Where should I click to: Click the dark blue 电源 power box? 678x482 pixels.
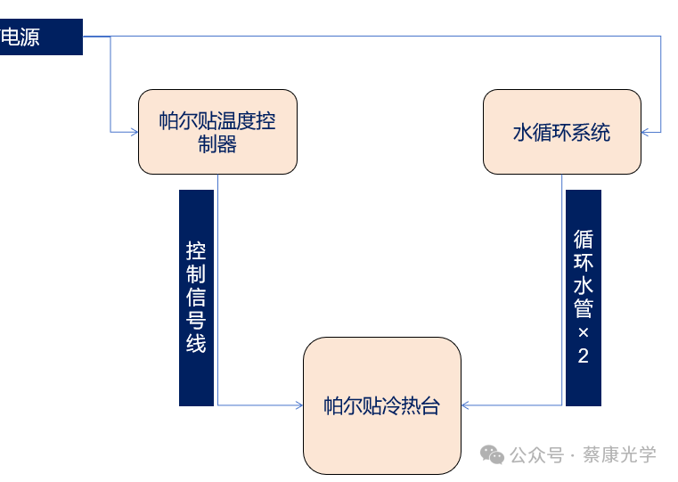pos(41,37)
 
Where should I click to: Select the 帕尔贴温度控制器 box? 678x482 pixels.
pos(217,131)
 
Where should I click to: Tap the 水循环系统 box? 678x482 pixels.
pos(562,132)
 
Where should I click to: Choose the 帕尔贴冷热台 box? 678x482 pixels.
pos(382,405)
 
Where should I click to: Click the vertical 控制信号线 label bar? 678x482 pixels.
pos(196,298)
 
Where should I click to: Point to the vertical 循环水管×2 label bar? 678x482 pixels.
pos(583,298)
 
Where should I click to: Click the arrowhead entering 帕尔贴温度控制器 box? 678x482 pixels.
pos(134,132)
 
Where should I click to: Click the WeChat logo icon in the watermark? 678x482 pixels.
pos(492,454)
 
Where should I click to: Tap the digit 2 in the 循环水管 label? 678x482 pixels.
pos(584,356)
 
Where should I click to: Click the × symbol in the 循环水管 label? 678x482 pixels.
pos(584,332)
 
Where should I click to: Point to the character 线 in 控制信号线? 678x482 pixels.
pos(196,344)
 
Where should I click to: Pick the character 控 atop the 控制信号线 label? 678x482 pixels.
pos(196,251)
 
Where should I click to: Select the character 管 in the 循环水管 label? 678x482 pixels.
pos(584,309)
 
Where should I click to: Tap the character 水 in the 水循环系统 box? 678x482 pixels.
pos(523,133)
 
